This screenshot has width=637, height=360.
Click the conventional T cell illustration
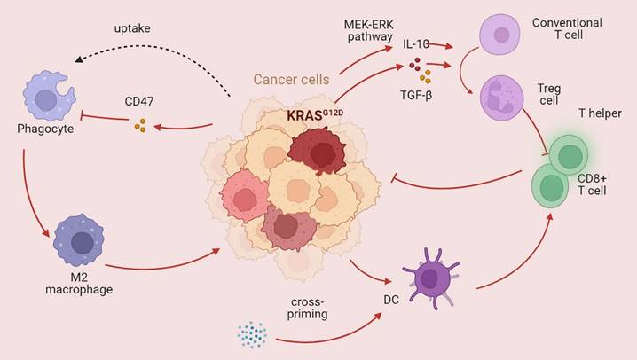pyautogui.click(x=502, y=36)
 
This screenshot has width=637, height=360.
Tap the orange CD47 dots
pyautogui.click(x=139, y=127)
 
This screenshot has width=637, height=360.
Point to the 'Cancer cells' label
pyautogui.click(x=291, y=79)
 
